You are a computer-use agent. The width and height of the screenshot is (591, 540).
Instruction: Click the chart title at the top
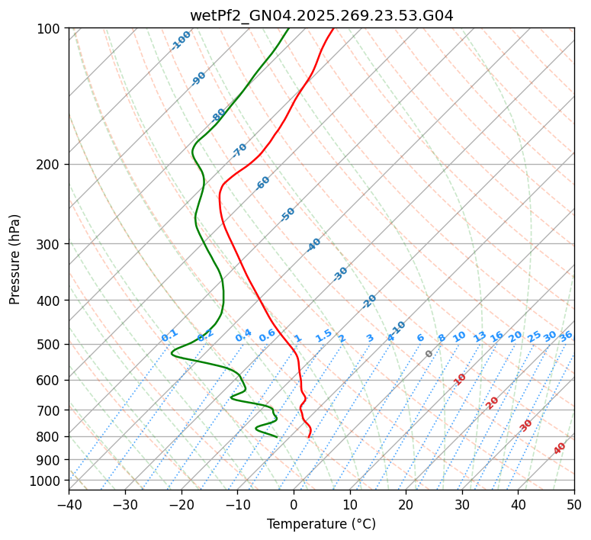pyautogui.click(x=321, y=15)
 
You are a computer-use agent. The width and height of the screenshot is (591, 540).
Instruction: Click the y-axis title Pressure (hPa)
pyautogui.click(x=15, y=259)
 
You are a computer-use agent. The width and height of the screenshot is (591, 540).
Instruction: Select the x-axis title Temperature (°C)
pyautogui.click(x=321, y=525)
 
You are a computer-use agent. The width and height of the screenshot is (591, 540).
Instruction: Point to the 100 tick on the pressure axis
pyautogui.click(x=50, y=29)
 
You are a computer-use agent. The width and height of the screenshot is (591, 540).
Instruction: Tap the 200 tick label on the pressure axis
pyautogui.click(x=50, y=164)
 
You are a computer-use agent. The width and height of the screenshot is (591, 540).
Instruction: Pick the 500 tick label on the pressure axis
pyautogui.click(x=50, y=344)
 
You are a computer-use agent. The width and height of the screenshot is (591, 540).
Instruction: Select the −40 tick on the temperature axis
pyautogui.click(x=69, y=505)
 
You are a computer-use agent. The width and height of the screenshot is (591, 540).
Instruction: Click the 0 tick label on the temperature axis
pyautogui.click(x=294, y=505)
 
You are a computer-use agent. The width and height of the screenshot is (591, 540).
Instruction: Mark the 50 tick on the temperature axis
pyautogui.click(x=574, y=505)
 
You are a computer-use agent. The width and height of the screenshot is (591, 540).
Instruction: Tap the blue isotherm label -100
pyautogui.click(x=181, y=40)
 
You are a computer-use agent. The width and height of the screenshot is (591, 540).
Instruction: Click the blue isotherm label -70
pyautogui.click(x=239, y=149)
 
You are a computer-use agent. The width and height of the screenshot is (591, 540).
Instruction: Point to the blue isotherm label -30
pyautogui.click(x=340, y=273)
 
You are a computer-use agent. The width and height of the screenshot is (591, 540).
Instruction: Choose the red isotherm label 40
pyautogui.click(x=560, y=448)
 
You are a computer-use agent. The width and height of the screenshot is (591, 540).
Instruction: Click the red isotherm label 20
pyautogui.click(x=493, y=402)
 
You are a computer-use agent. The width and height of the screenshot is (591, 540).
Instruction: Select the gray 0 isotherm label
pyautogui.click(x=429, y=354)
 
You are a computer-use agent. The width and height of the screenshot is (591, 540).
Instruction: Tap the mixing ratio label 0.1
pyautogui.click(x=169, y=335)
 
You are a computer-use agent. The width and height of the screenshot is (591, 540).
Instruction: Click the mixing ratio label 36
pyautogui.click(x=566, y=336)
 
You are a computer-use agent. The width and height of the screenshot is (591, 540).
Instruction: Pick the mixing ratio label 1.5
pyautogui.click(x=323, y=335)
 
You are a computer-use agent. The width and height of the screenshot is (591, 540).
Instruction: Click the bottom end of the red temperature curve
pyautogui.click(x=309, y=437)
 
